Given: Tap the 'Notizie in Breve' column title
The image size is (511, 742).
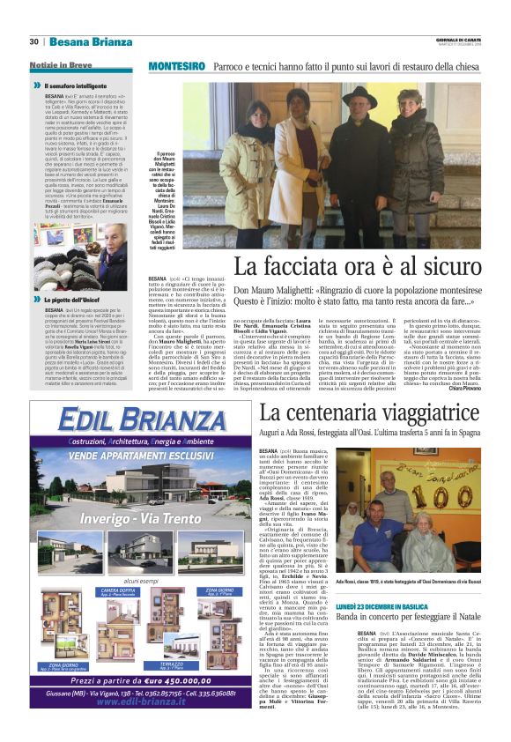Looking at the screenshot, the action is coord(62,66).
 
